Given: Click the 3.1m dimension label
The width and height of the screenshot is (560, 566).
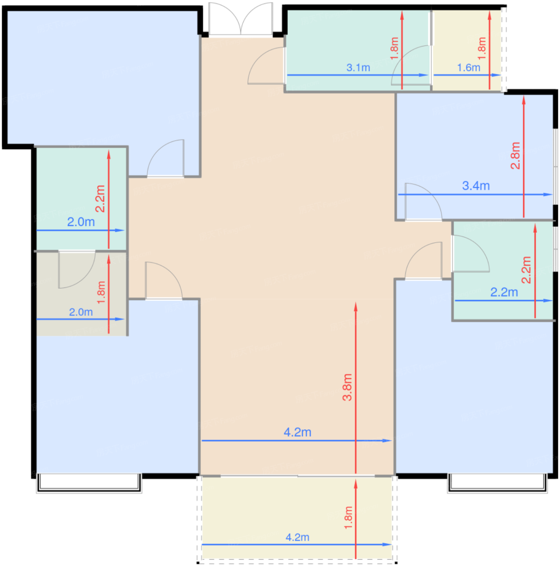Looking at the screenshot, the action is (358, 68).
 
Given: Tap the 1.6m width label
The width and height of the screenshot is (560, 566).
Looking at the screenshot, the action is (468, 68).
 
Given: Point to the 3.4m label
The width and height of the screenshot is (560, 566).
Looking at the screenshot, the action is (476, 186).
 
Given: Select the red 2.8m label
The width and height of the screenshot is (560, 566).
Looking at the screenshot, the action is (516, 155).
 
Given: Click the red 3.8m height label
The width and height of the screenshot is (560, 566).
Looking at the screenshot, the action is (347, 387).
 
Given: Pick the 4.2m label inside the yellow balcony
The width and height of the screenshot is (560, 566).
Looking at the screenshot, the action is (297, 537).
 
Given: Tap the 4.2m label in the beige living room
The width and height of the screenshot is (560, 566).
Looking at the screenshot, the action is (297, 432).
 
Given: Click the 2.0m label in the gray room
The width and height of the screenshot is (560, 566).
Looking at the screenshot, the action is (81, 312).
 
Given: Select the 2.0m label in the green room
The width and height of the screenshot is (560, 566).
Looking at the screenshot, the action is (81, 222).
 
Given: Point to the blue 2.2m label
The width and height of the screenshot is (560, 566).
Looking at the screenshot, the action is (504, 292).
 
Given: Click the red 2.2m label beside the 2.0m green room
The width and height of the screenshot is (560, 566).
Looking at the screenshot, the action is (100, 199).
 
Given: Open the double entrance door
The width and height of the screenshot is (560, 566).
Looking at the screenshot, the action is (240, 19).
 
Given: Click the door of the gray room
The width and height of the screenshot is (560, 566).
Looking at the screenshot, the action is (77, 269).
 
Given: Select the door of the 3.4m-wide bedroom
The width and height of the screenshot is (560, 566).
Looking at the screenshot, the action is (423, 202).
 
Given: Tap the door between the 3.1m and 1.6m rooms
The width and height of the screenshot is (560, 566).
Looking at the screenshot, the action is (411, 65).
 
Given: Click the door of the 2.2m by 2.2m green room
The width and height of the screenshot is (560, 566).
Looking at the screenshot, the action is (470, 253).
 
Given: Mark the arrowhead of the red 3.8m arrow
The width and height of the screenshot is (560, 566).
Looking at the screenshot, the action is (355, 306).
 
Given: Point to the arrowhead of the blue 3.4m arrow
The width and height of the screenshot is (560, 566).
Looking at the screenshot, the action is (547, 194).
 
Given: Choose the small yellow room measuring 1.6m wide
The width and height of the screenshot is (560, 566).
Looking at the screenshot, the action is (467, 50).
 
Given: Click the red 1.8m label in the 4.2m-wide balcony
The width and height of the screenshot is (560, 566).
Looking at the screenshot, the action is (348, 517).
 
